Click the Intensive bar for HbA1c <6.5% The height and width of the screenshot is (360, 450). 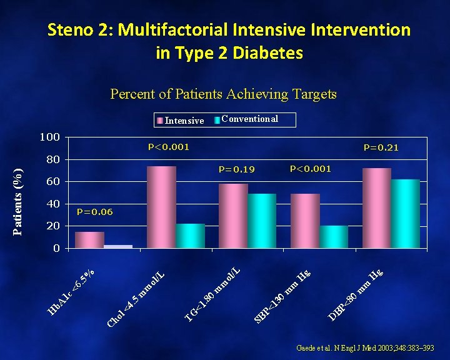89,240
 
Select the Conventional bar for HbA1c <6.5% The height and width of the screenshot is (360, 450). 118,246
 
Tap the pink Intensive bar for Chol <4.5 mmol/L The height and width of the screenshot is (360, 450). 161,207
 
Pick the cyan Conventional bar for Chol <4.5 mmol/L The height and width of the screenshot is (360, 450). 190,236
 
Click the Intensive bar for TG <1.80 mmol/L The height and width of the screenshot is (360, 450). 233,216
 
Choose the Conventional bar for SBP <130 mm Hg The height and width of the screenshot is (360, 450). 334,236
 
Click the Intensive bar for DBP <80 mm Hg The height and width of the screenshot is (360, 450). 377,208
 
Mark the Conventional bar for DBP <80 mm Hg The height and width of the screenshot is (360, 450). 406,214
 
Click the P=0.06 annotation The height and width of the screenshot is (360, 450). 94,212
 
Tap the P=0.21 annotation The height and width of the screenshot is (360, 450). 381,148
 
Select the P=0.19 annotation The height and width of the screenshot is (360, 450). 237,169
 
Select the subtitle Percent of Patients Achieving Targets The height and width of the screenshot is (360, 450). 223,94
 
